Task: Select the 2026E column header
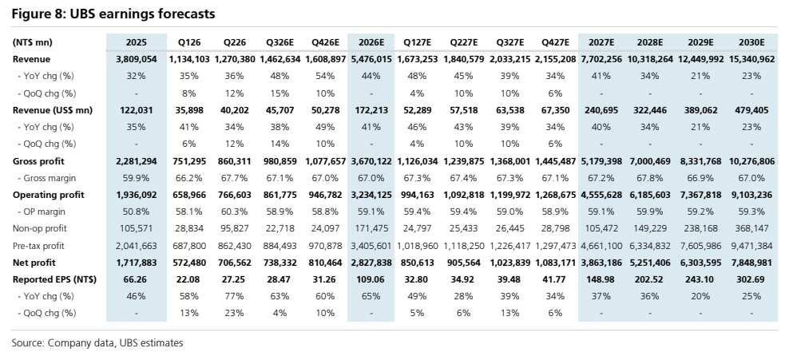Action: click(371, 42)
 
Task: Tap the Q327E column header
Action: click(509, 42)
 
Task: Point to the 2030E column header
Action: click(751, 42)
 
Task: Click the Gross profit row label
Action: click(38, 161)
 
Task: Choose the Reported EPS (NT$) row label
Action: click(54, 279)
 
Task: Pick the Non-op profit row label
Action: click(39, 228)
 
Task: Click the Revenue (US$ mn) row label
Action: click(53, 110)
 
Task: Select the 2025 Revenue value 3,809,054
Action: click(136, 59)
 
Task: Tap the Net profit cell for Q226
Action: click(233, 263)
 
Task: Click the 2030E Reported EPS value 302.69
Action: click(751, 279)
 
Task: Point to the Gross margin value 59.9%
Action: click(136, 178)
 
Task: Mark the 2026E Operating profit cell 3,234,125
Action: click(371, 195)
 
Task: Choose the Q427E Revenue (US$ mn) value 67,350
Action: click(555, 110)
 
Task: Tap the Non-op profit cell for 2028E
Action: click(649, 228)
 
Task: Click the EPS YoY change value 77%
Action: click(234, 296)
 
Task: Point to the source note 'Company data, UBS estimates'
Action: click(115, 343)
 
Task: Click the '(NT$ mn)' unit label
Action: click(32, 42)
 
